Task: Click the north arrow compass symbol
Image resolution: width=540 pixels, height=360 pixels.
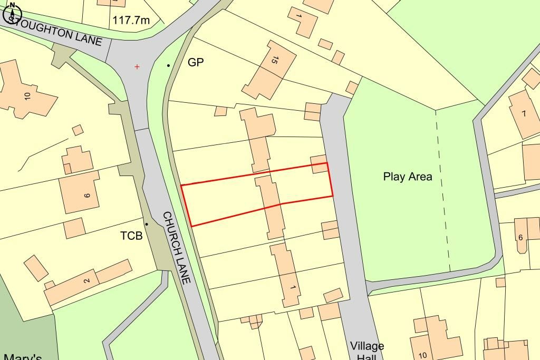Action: click(x=12, y=13)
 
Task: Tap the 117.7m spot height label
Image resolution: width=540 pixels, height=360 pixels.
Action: click(x=131, y=21)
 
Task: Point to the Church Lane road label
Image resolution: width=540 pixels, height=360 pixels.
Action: click(x=176, y=248)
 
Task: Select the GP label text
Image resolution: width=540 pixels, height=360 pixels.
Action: click(x=196, y=62)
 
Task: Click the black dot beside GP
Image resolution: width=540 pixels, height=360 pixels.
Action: click(x=169, y=65)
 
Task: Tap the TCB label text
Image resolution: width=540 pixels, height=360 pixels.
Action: click(x=131, y=236)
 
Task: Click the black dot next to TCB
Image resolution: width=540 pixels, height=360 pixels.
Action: click(x=147, y=225)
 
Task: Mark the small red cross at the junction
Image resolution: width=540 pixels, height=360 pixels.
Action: click(x=138, y=67)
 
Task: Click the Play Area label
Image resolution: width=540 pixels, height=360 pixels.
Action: click(x=408, y=177)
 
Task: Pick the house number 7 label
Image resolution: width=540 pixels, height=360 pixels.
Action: click(x=524, y=113)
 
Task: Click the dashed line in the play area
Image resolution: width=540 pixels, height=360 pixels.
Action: click(x=443, y=190)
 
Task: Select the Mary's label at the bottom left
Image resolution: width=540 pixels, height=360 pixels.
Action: click(x=22, y=357)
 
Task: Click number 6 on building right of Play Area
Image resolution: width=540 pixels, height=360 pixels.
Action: click(x=520, y=238)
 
